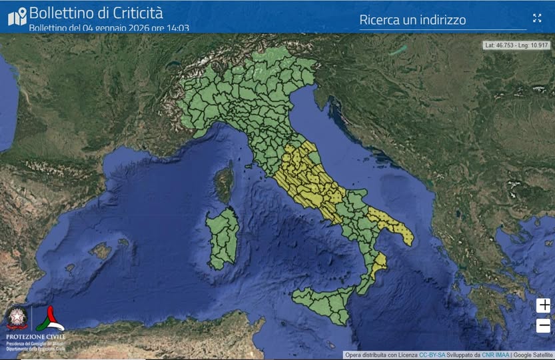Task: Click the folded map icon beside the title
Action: [17, 16]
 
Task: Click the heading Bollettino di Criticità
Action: [96, 12]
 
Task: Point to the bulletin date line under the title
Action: [109, 28]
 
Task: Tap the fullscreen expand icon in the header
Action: [537, 18]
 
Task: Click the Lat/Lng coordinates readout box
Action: [517, 45]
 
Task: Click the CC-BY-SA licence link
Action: [432, 355]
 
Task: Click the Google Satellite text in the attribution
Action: [533, 355]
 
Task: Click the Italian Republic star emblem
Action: [17, 319]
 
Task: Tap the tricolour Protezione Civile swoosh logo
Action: [49, 319]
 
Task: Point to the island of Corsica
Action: [224, 184]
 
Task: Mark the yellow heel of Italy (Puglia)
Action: [393, 224]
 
